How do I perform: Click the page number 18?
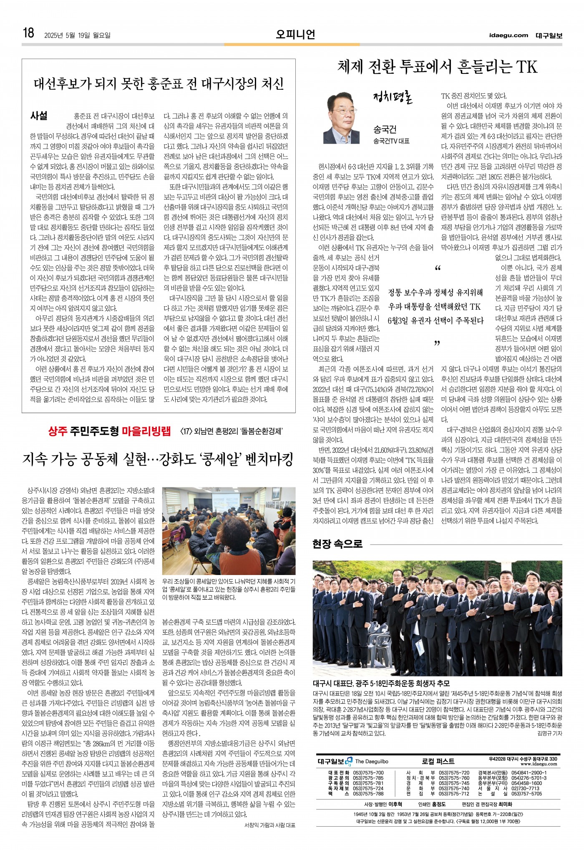click(28, 33)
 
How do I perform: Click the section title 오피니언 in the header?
click(295, 34)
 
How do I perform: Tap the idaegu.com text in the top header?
click(508, 35)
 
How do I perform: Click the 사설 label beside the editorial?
click(39, 116)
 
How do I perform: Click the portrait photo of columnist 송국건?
click(342, 118)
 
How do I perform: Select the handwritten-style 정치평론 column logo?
click(392, 98)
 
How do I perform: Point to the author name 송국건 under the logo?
click(385, 129)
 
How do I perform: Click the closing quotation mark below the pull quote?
click(437, 343)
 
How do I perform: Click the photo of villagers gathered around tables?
click(229, 531)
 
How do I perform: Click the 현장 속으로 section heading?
click(337, 544)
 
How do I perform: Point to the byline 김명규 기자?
click(549, 733)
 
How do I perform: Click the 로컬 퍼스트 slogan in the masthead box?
click(438, 761)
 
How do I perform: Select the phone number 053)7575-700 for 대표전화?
click(368, 772)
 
